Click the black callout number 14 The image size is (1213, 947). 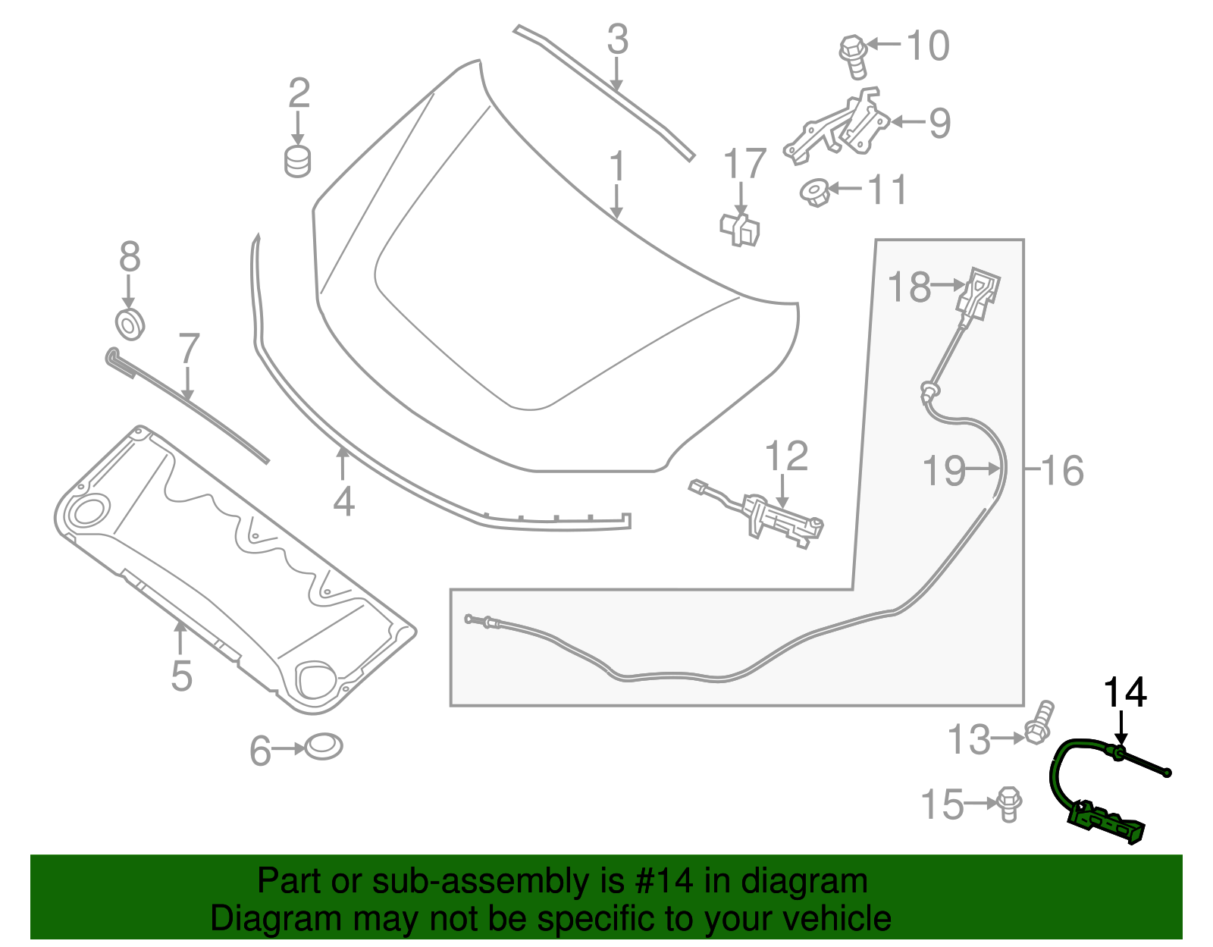coord(1125,693)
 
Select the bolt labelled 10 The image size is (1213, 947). coord(854,57)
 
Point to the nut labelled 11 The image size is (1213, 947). coord(815,193)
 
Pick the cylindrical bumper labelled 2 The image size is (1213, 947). coord(298,161)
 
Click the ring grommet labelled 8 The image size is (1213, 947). coord(130,324)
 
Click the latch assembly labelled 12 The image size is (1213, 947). coord(781,520)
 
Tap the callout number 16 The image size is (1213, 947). coord(1063,471)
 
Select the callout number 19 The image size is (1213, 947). coord(944,471)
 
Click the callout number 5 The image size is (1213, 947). coord(181,675)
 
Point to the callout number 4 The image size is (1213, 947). coord(343,501)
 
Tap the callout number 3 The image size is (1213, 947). coord(618,39)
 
